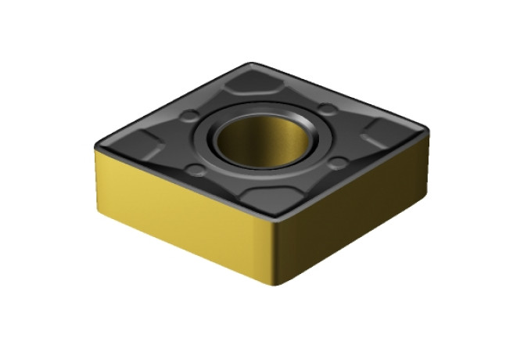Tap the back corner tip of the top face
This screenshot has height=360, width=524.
point(252,64)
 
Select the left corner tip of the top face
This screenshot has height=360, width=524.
point(98,147)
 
